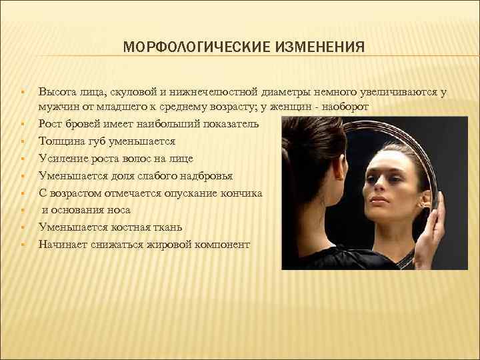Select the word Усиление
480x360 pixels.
[x=62, y=159]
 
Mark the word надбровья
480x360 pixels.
[x=205, y=176]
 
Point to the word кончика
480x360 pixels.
[x=242, y=193]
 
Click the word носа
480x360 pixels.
[x=117, y=210]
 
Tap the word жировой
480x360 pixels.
[x=154, y=245]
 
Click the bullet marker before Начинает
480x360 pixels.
[x=23, y=245]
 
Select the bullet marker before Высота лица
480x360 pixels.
[x=23, y=91]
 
